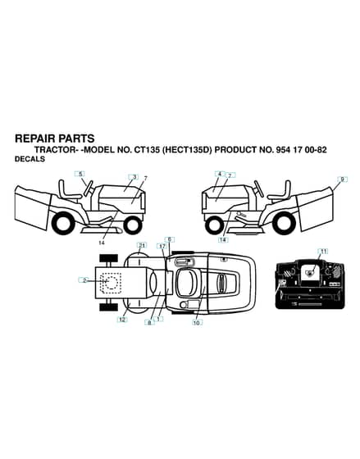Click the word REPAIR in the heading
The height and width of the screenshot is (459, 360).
click(34, 139)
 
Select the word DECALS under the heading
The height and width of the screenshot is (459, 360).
click(30, 159)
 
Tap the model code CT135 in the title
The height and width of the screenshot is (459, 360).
click(147, 150)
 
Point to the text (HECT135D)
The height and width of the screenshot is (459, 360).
click(187, 150)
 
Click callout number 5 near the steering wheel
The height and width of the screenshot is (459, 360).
click(80, 174)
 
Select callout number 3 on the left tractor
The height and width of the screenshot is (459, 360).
click(134, 177)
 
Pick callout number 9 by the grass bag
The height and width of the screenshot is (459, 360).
click(343, 180)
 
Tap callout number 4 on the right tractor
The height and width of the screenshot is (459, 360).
click(220, 174)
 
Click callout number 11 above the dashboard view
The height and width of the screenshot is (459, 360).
click(323, 252)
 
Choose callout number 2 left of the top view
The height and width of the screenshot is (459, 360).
click(84, 280)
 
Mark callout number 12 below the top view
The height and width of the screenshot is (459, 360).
click(122, 320)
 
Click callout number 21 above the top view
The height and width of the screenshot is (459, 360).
click(142, 245)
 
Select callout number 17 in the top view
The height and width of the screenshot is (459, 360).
click(162, 247)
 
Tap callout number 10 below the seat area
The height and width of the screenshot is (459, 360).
click(197, 323)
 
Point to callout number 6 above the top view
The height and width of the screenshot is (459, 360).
click(169, 239)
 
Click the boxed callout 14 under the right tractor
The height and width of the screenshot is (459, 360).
click(223, 239)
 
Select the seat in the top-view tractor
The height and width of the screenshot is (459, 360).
click(187, 283)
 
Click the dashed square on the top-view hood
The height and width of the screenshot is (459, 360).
click(111, 283)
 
